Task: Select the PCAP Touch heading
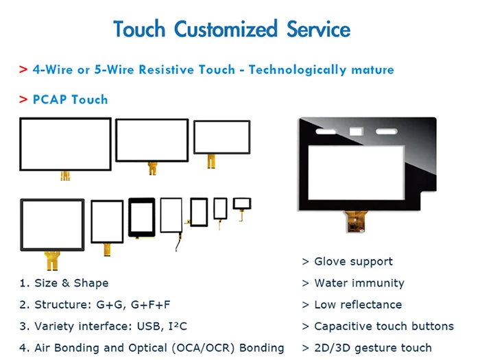pyautogui.click(x=70, y=99)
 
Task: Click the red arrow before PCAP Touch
pyautogui.click(x=23, y=99)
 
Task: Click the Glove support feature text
pyautogui.click(x=353, y=261)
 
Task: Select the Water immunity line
pyautogui.click(x=359, y=283)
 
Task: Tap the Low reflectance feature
pyautogui.click(x=357, y=304)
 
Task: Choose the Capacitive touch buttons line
pyautogui.click(x=383, y=326)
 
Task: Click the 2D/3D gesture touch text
pyautogui.click(x=372, y=348)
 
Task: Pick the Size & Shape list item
pyautogui.click(x=71, y=283)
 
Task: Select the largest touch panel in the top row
pyautogui.click(x=65, y=144)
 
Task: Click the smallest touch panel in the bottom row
pyautogui.click(x=242, y=203)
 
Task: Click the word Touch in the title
pyautogui.click(x=140, y=29)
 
